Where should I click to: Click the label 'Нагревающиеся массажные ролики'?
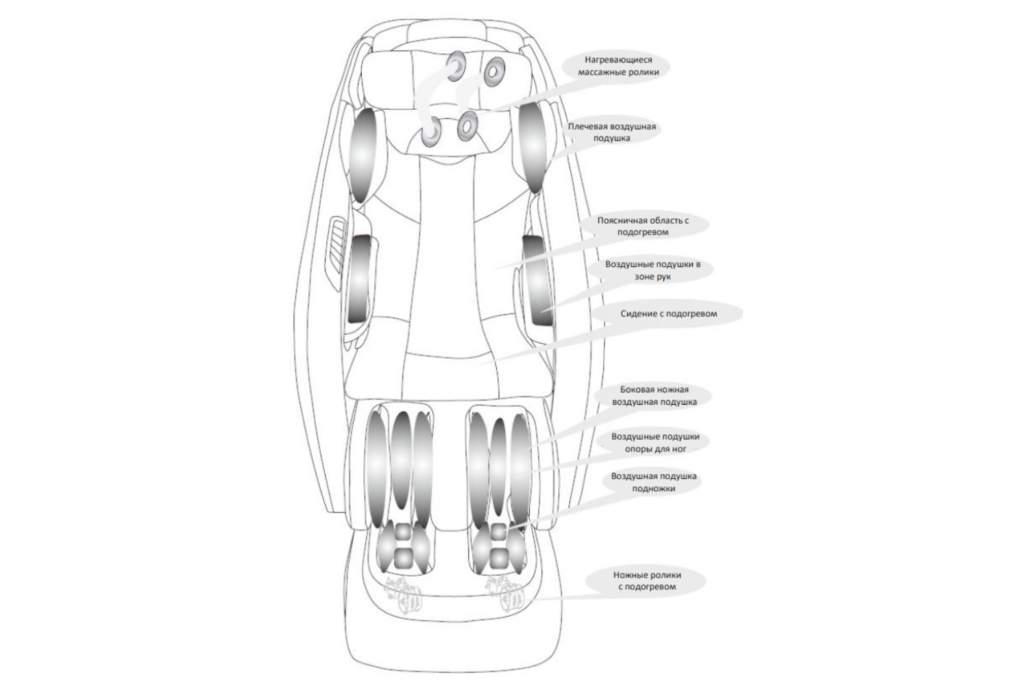tap(617, 66)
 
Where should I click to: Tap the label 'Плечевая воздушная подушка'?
tap(612, 132)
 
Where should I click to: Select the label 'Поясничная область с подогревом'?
tap(643, 226)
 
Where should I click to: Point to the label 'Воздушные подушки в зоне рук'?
tap(652, 271)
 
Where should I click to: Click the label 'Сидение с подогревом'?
tap(669, 314)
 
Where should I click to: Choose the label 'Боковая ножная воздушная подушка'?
tap(654, 396)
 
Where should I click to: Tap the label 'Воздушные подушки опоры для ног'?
tap(655, 442)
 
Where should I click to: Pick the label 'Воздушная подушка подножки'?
tap(654, 482)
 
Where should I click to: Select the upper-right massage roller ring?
tap(493, 71)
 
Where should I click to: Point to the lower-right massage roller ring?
tap(467, 126)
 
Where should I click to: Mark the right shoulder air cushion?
tap(534, 146)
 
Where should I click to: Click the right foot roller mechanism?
tap(505, 595)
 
